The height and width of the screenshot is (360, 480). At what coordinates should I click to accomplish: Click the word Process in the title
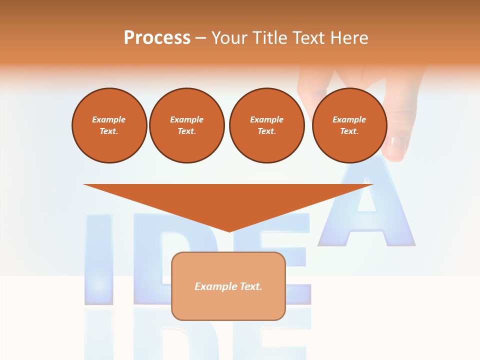coord(157,37)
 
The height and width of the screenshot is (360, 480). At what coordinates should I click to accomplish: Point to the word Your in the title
coord(230,37)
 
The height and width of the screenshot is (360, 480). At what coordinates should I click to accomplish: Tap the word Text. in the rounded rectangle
coord(250,286)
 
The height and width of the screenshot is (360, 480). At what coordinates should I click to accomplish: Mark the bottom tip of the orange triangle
coord(229,230)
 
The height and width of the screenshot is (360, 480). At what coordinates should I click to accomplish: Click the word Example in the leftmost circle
coord(109,119)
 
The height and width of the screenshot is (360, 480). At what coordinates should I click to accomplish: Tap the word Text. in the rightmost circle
coord(349,131)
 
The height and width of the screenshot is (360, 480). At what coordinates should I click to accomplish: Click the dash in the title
coord(201,37)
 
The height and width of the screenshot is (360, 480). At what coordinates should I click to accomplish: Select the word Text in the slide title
coord(308,37)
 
